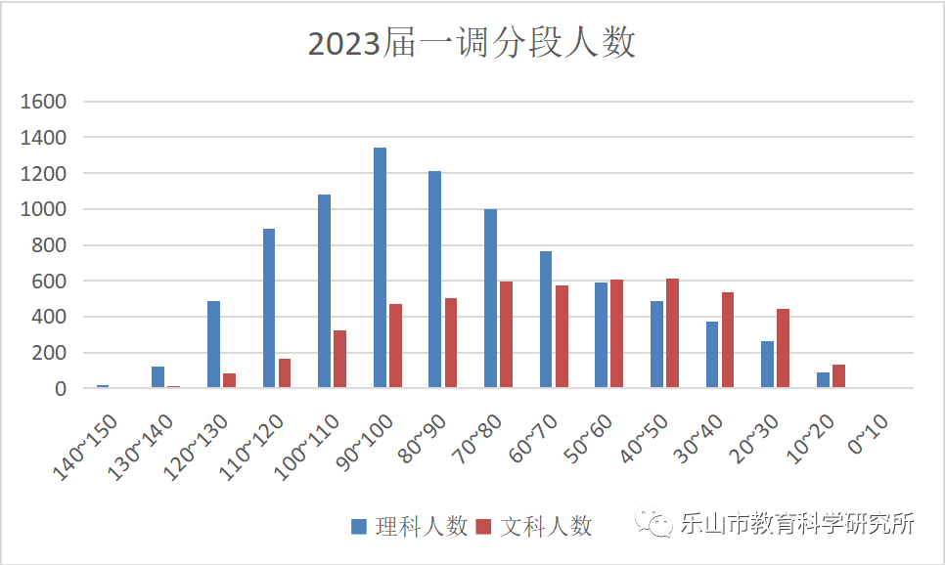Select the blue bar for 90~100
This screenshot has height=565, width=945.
[x=380, y=268]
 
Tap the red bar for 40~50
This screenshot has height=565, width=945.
[x=672, y=333]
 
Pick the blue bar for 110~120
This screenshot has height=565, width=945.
[x=269, y=308]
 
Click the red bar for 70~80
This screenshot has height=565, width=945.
[x=506, y=335]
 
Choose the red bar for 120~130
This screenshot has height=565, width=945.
[x=229, y=380]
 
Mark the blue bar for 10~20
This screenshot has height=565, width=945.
[x=823, y=380]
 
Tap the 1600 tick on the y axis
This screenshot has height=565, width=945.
[x=47, y=102]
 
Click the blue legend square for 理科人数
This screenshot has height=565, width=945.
[x=359, y=527]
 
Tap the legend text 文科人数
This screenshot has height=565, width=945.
[x=547, y=526]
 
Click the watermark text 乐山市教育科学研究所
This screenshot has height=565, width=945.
[x=797, y=524]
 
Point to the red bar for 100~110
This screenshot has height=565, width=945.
[x=339, y=359]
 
